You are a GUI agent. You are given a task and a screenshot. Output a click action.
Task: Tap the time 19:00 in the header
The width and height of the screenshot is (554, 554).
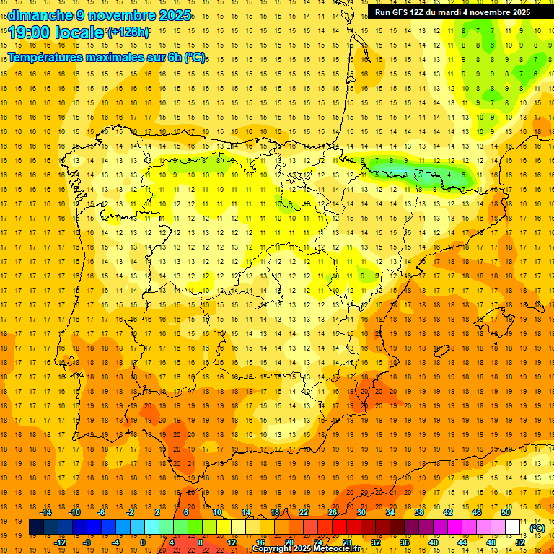30,33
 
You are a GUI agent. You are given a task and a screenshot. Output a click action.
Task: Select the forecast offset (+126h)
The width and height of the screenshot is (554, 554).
128,32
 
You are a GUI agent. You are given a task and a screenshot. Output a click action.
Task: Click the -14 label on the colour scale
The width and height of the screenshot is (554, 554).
45,511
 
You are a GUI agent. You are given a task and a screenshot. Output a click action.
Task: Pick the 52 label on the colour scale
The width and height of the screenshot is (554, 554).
520,542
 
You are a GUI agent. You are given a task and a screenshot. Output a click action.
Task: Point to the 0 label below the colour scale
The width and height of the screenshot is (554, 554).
142,542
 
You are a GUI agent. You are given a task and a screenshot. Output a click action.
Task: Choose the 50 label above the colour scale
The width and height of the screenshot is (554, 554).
505,511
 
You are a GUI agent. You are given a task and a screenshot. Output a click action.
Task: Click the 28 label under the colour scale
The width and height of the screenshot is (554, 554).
346,542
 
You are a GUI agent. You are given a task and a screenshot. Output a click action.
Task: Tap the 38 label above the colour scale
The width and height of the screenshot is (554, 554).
418,511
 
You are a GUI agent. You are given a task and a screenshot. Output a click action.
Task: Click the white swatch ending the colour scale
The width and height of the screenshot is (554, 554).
513,527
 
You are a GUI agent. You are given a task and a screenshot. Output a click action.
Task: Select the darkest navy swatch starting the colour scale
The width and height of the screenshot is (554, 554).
36,527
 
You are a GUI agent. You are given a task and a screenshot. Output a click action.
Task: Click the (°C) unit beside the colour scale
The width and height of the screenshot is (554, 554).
537,528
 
